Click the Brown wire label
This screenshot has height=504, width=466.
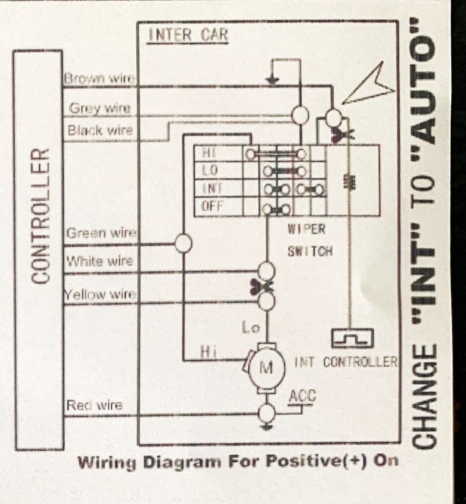[99, 78]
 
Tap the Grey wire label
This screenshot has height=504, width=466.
[99, 107]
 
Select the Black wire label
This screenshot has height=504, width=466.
[100, 130]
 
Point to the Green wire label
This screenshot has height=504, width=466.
[101, 233]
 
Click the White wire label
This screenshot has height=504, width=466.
[99, 261]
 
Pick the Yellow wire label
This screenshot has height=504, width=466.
[100, 294]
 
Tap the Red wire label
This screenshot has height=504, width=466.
[94, 405]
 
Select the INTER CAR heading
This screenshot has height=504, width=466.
[188, 35]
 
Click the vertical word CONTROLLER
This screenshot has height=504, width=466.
[40, 216]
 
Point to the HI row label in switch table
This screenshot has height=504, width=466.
[209, 153]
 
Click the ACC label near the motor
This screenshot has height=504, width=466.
[302, 396]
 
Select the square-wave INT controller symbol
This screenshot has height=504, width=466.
[353, 338]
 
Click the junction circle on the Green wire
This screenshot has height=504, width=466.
[183, 243]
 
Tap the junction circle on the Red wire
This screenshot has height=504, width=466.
[267, 413]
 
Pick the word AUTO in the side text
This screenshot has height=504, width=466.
[423, 87]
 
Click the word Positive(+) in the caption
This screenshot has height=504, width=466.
[316, 461]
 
